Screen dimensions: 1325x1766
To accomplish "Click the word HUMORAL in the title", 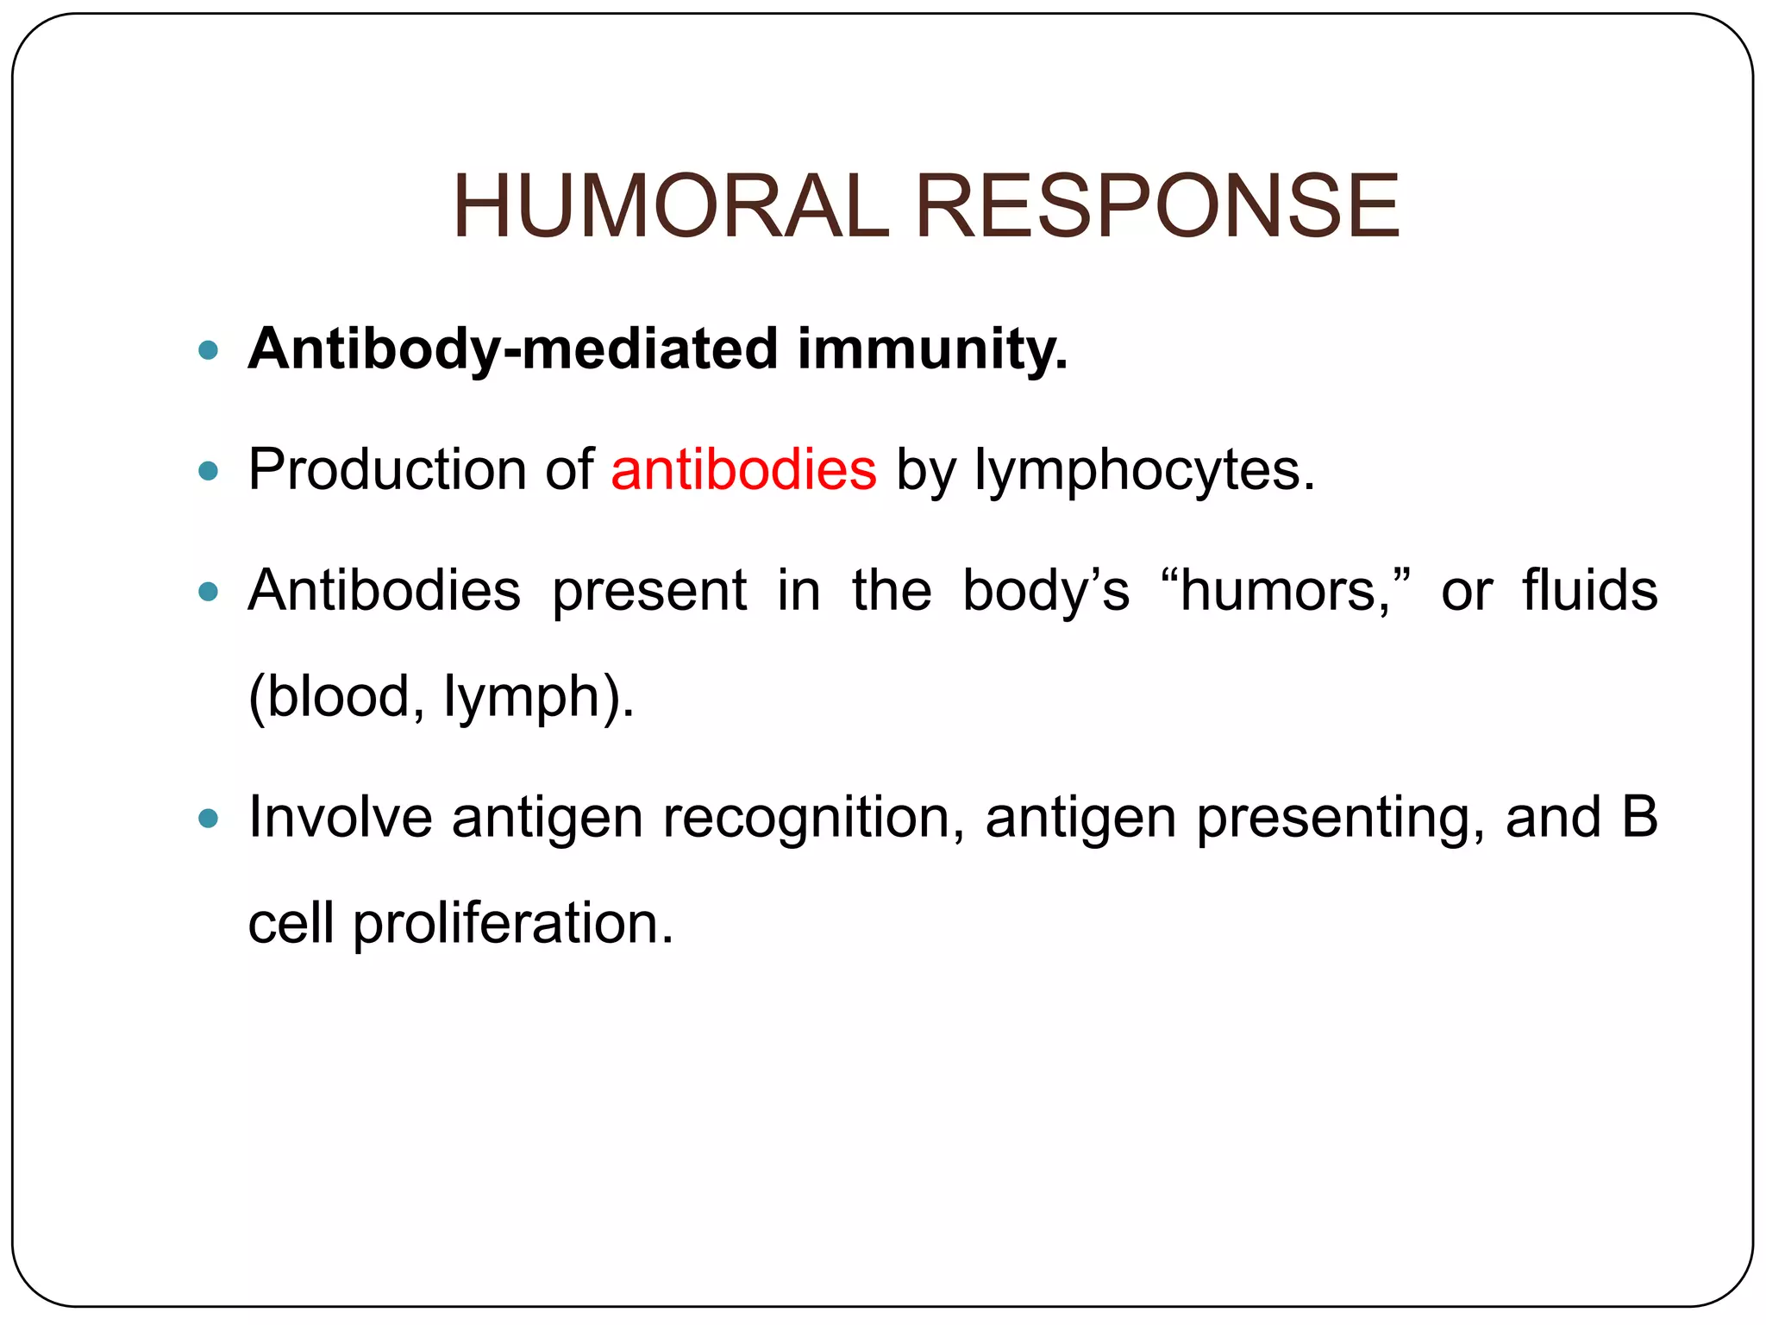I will coord(670,206).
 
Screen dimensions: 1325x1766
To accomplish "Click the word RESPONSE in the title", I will coord(1156,206).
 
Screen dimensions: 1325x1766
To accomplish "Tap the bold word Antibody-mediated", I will coord(513,349).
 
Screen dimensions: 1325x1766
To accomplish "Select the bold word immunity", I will coord(932,349).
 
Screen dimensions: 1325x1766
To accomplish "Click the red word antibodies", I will coord(743,470).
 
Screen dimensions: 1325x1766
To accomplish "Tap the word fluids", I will coord(1589,591).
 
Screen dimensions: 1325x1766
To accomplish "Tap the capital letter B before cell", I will coord(1639,817).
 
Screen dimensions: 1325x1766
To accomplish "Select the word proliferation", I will coord(513,923).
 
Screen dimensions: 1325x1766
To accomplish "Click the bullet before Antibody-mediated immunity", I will coord(208,350).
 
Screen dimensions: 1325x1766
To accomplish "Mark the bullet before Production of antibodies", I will coord(208,471).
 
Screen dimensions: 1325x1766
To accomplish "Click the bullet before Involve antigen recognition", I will coord(208,818).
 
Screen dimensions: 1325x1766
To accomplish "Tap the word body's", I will coord(1045,591).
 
